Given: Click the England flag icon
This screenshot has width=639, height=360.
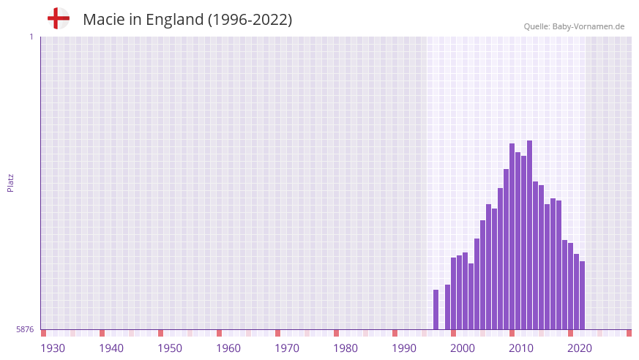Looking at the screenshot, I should pos(59,19).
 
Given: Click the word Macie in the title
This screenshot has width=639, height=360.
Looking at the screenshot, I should pos(102,20).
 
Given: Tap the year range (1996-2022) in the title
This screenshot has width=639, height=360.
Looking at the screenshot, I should pos(250,20).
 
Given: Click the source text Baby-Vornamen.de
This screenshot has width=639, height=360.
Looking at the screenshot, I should pos(588,26).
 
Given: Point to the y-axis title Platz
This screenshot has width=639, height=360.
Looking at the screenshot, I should pos(10,183).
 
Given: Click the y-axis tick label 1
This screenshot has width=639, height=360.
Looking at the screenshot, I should pos(31,37).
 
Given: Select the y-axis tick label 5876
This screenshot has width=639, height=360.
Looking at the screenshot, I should pos(25,330).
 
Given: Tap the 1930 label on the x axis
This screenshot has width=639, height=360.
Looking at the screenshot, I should pos(53,348).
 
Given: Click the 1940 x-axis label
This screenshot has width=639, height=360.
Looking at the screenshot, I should pos(111,348).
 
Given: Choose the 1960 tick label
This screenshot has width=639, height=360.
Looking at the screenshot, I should pos(228,348).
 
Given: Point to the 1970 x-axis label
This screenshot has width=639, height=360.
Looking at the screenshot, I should pos(287,348).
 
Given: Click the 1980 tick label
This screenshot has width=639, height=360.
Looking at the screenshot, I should pos(345,348).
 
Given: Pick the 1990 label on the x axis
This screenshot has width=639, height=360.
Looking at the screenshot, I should pos(404,348).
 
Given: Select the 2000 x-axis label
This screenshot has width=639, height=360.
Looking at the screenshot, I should pos(463,348).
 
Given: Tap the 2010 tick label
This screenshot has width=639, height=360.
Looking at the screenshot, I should pos(521,348).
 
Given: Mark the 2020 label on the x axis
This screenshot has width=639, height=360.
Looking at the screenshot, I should pos(580,348).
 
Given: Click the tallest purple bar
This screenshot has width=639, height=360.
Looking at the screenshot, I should pos(529,234).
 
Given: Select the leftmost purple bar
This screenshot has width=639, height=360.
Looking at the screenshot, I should pos(436,310).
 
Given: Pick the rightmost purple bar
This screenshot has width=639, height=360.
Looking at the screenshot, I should pos(582,295).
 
